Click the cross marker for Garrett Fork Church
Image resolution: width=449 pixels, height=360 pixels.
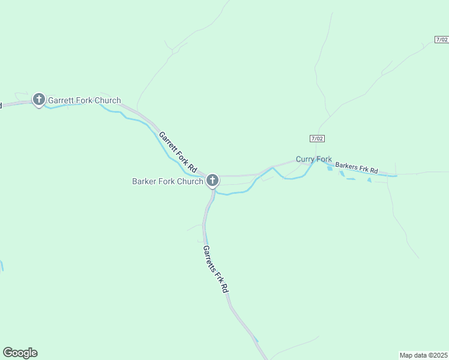click(39, 99)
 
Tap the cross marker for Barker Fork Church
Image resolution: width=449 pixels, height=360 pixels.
click(212, 180)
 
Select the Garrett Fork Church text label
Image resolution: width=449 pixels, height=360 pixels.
click(84, 100)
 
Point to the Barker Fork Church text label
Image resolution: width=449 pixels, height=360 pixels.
click(167, 181)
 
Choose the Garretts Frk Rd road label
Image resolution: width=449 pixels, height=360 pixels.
click(215, 269)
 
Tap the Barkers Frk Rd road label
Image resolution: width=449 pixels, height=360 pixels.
click(357, 167)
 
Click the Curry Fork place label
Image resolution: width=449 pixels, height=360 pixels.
click(313, 159)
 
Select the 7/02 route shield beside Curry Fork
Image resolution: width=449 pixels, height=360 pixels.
click(318, 139)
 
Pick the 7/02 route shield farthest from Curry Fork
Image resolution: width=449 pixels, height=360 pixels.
click(441, 40)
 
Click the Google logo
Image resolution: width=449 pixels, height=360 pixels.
click(20, 353)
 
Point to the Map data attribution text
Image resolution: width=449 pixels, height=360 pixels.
click(423, 355)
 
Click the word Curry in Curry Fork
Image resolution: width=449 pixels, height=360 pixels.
click(305, 159)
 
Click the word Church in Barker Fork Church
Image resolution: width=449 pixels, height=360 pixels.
click(190, 181)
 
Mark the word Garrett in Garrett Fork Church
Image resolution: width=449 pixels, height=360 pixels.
click(61, 100)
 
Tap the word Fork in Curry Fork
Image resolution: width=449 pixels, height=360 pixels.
click(324, 159)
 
